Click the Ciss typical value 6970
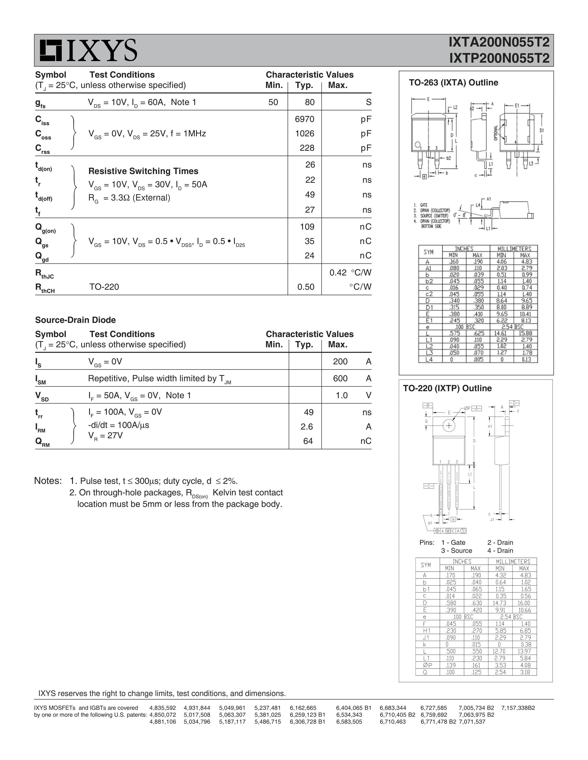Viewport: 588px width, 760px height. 304,119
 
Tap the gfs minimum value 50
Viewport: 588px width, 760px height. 273,102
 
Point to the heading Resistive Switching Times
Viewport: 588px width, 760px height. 143,171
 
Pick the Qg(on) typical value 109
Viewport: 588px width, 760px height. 307,227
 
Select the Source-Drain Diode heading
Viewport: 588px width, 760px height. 75,320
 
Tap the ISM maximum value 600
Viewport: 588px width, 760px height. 340,379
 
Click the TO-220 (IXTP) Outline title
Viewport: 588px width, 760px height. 447,388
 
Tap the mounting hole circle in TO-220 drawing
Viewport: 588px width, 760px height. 449,426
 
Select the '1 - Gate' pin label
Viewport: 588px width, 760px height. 453,543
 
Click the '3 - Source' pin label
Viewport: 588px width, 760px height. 456,550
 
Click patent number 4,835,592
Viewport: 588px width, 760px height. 162,708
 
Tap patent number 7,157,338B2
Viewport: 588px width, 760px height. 518,708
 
